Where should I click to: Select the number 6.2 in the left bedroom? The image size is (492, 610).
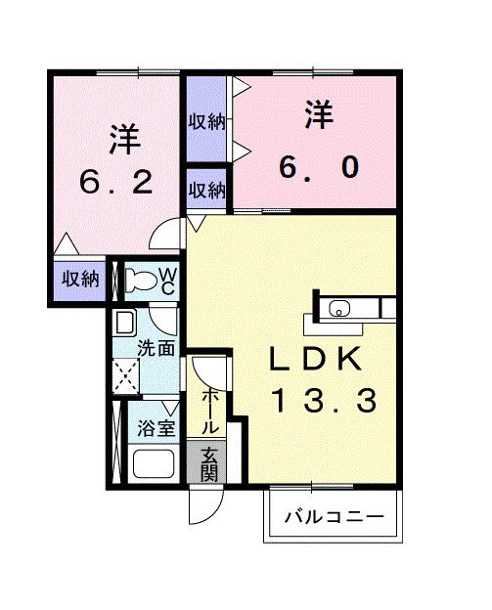(116, 182)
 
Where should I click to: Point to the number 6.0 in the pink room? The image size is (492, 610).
(318, 167)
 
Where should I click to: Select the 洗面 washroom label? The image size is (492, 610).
(156, 346)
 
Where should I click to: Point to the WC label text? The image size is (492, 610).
(167, 281)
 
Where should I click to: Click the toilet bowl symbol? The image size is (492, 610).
(143, 281)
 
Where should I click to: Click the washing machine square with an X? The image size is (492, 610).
(126, 375)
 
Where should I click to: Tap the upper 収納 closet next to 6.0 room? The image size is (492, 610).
(206, 121)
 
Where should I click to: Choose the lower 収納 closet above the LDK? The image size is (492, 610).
(206, 190)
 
